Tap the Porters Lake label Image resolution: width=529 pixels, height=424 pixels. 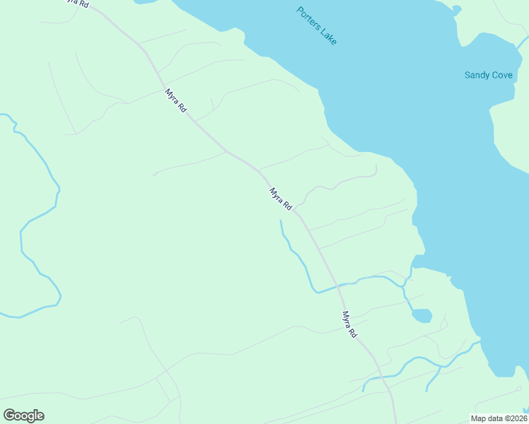pyautogui.click(x=317, y=26)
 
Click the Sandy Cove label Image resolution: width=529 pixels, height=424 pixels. pyautogui.click(x=489, y=74)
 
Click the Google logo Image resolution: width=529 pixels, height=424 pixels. pyautogui.click(x=23, y=416)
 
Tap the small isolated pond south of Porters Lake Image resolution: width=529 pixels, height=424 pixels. pyautogui.click(x=422, y=315)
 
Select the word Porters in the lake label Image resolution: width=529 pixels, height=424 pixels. pyautogui.click(x=308, y=18)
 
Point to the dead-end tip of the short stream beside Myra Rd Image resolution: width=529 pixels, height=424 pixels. pyautogui.click(x=281, y=221)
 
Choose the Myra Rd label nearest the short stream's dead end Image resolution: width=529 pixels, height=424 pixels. pyautogui.click(x=281, y=199)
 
